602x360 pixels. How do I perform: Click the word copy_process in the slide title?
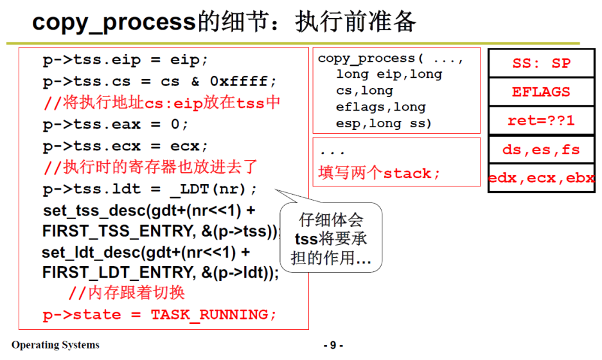(x=113, y=22)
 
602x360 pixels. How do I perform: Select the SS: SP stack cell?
(x=541, y=64)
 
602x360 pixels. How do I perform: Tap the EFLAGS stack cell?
(x=541, y=92)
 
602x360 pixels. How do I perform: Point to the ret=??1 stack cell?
(x=541, y=121)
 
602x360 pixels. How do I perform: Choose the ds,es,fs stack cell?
(x=541, y=150)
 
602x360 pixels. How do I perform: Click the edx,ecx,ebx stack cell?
(x=541, y=178)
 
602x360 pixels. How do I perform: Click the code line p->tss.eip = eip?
(x=125, y=60)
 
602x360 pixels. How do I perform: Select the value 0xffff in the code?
(x=243, y=82)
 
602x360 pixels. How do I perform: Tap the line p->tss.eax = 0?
(x=116, y=124)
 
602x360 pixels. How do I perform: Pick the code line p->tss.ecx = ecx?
(x=125, y=146)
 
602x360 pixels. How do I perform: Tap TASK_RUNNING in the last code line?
(x=213, y=314)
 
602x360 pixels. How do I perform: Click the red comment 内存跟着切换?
(x=127, y=293)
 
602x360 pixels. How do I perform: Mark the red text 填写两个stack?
(x=380, y=173)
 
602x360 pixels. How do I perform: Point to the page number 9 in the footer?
(x=333, y=346)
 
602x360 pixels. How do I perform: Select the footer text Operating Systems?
(x=55, y=345)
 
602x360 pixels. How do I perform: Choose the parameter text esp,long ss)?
(x=384, y=123)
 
